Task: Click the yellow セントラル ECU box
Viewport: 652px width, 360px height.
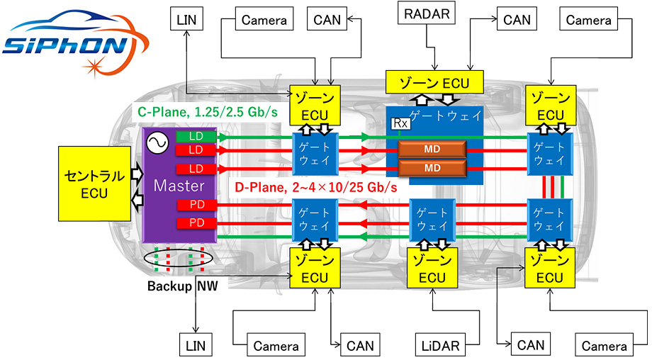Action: coord(94,184)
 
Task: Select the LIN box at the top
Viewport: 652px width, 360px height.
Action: coord(189,19)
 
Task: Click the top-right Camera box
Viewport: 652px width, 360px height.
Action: coord(588,20)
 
